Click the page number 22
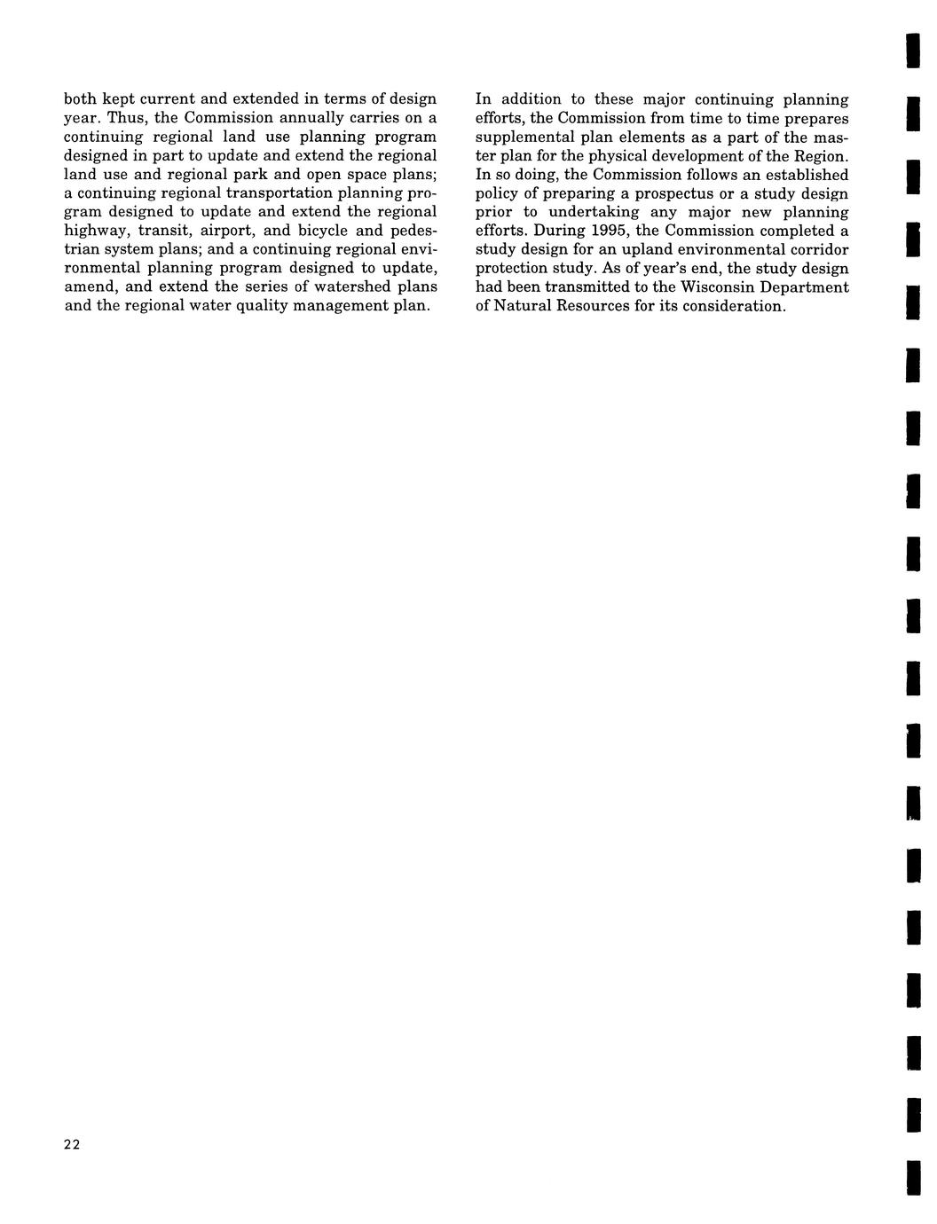tap(72, 1145)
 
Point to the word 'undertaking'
tap(593, 212)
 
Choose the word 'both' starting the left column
tap(81, 99)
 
